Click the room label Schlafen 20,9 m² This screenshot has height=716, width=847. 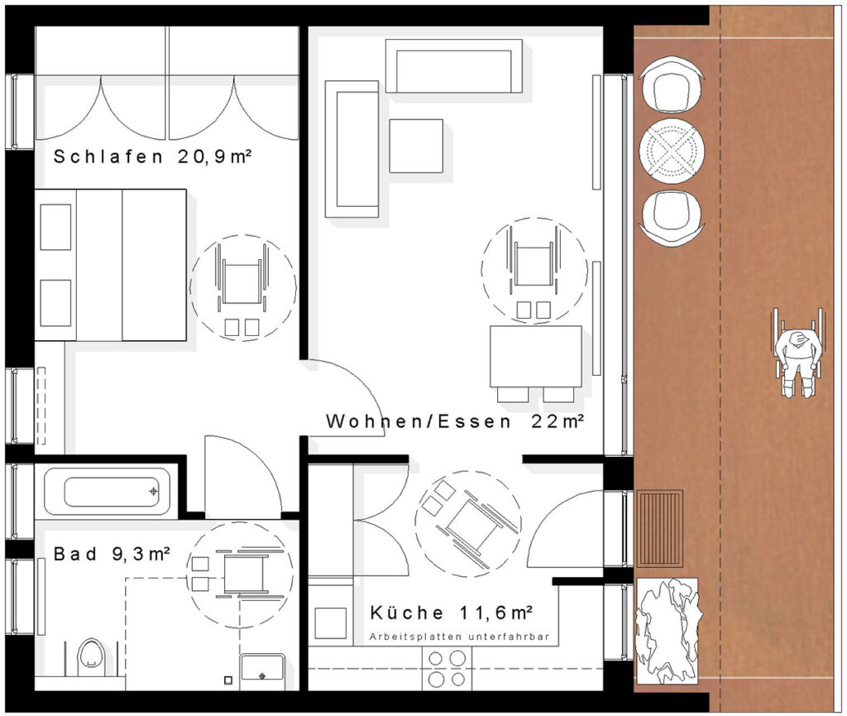(x=153, y=156)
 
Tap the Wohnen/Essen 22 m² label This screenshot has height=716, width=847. (x=455, y=421)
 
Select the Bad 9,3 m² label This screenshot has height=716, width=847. (x=112, y=554)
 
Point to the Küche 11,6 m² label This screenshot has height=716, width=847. (x=452, y=613)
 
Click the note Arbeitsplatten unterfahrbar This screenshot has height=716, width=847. (x=459, y=637)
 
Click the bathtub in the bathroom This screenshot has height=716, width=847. (x=108, y=492)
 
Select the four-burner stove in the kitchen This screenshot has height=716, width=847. (x=446, y=669)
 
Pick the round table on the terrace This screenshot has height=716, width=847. (x=672, y=149)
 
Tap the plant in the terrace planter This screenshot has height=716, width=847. (x=668, y=630)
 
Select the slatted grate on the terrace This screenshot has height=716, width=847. (x=659, y=528)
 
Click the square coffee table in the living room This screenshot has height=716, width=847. (x=416, y=146)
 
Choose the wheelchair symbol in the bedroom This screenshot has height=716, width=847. (x=242, y=288)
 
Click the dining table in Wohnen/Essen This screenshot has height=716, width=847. (x=536, y=356)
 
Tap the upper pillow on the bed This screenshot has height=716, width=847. (x=55, y=227)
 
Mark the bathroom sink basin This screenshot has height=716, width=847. (x=262, y=669)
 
